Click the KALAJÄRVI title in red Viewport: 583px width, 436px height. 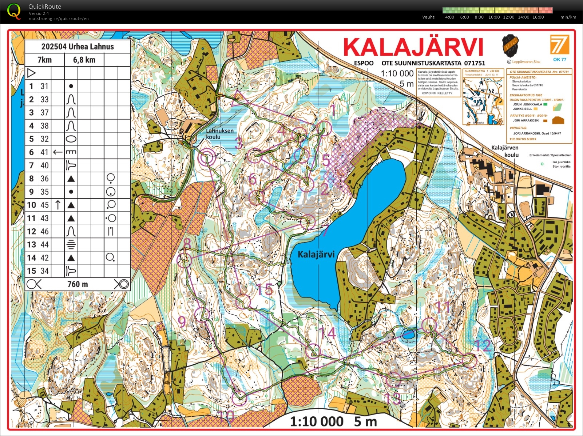pyautogui.click(x=413, y=47)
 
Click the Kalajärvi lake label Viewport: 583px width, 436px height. pyautogui.click(x=316, y=254)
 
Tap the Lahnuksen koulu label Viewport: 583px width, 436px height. pyautogui.click(x=219, y=134)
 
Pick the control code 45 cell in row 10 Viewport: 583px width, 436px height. pyautogui.click(x=44, y=205)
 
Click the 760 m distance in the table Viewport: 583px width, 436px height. pyautogui.click(x=78, y=284)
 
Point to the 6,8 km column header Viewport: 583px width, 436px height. pyautogui.click(x=84, y=60)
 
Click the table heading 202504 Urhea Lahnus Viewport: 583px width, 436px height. pyautogui.click(x=78, y=47)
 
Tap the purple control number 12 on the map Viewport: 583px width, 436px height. pyautogui.click(x=483, y=345)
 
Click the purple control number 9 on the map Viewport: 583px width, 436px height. pyautogui.click(x=182, y=321)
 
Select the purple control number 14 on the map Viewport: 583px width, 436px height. pyautogui.click(x=327, y=333)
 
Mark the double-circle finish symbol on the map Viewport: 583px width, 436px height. pyautogui.click(x=206, y=158)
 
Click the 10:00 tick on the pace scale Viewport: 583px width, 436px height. pyautogui.click(x=494, y=17)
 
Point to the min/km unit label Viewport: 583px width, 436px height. pyautogui.click(x=568, y=17)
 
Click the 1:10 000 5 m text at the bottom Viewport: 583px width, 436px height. pyautogui.click(x=333, y=421)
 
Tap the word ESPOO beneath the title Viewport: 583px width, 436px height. pyautogui.click(x=364, y=63)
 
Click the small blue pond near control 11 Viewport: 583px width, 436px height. pyautogui.click(x=408, y=334)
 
